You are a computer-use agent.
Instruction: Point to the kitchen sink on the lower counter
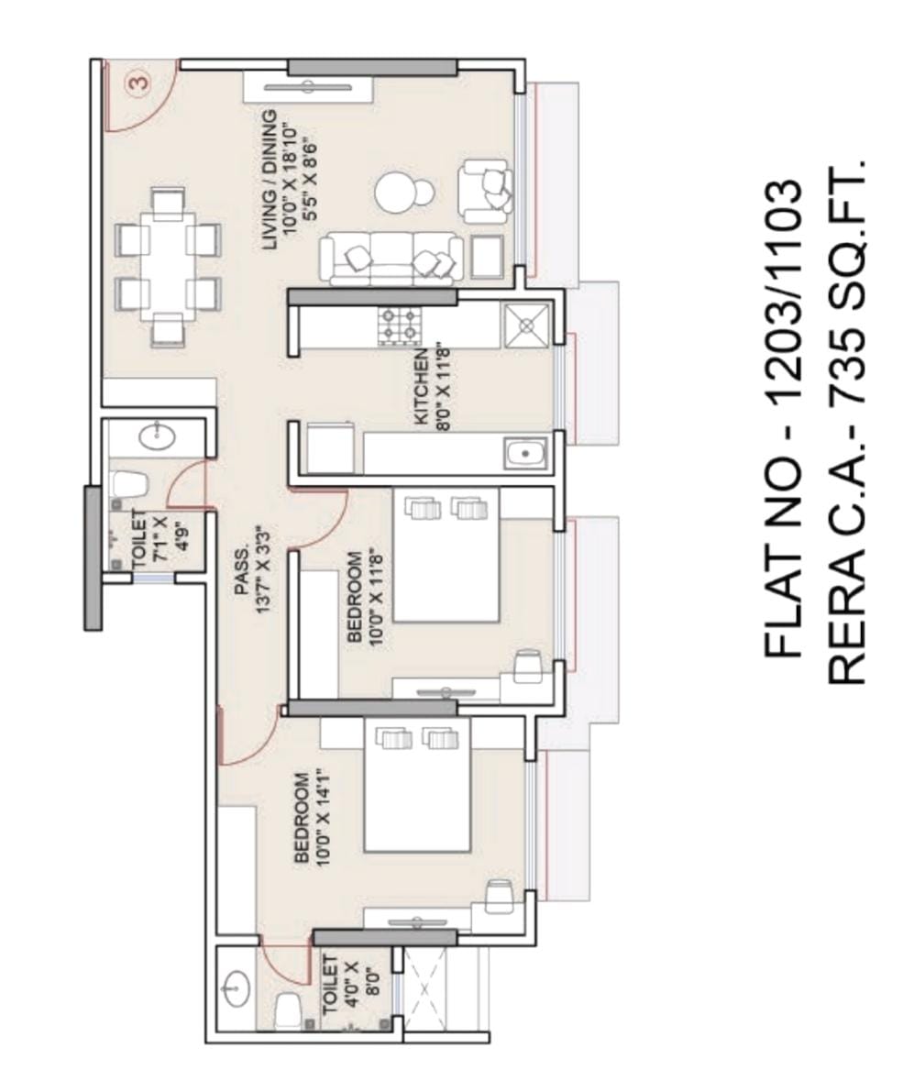click(524, 453)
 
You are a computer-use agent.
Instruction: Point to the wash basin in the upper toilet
click(158, 436)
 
